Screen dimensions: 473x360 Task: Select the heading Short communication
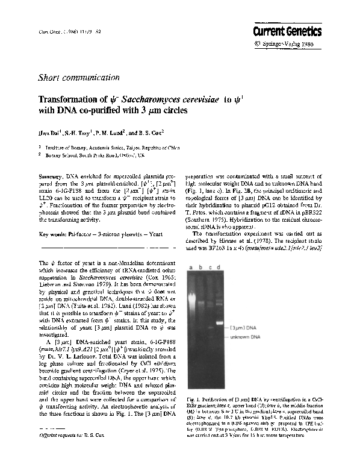click(x=78, y=78)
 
